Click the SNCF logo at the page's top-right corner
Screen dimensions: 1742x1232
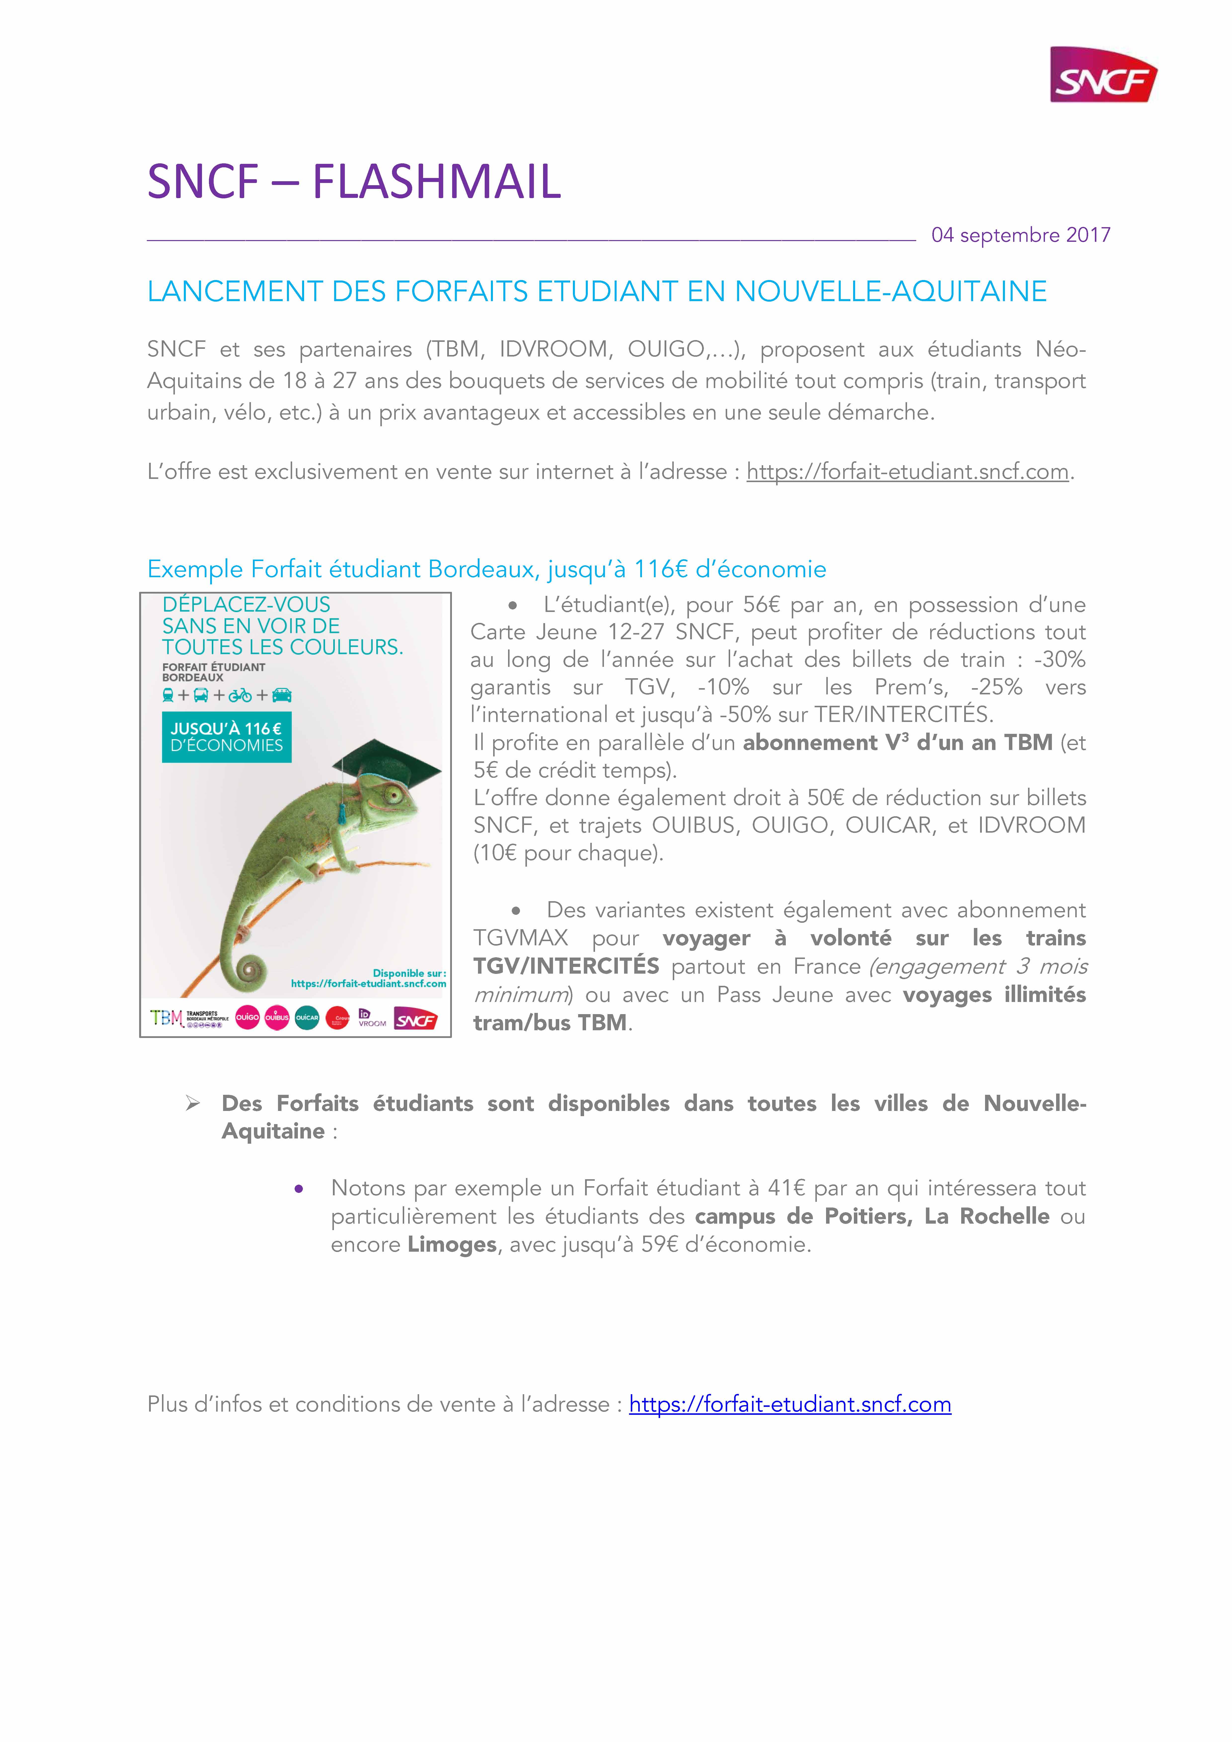(x=1103, y=74)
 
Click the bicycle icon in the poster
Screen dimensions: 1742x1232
(x=240, y=695)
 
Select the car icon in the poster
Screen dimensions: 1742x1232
(x=282, y=695)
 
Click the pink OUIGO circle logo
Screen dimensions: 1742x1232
(x=247, y=1017)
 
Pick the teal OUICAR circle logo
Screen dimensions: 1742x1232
(x=307, y=1017)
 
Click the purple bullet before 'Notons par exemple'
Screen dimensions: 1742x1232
(x=299, y=1189)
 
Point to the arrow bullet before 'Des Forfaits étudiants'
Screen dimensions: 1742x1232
(x=193, y=1104)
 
